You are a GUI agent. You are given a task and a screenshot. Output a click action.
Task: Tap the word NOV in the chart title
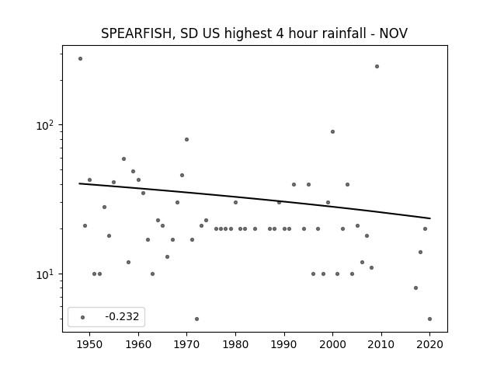[x=394, y=33]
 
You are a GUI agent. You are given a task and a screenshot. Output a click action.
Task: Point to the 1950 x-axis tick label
[x=89, y=344]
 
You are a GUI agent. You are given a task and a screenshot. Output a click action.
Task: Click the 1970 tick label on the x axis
[x=186, y=344]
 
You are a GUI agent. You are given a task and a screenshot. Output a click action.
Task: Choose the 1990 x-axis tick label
[x=284, y=344]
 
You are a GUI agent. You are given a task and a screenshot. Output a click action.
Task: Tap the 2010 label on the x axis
[x=381, y=344]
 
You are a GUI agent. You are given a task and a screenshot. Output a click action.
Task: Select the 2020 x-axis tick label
[x=429, y=344]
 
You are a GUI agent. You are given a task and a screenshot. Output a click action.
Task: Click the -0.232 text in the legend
[x=122, y=316]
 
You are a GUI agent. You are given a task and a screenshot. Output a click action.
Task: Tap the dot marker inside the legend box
[x=82, y=317]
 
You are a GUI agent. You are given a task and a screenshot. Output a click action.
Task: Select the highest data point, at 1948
[x=80, y=59]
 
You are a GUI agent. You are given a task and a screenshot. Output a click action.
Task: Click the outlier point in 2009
[x=377, y=67]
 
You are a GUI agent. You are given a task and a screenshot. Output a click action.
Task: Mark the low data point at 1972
[x=196, y=319]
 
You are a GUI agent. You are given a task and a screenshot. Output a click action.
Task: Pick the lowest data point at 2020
[x=429, y=319]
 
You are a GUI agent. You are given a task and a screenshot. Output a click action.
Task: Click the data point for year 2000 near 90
[x=332, y=131]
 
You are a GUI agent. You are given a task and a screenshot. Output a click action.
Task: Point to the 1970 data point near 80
[x=186, y=140]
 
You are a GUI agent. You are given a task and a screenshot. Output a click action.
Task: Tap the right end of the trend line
[x=430, y=218]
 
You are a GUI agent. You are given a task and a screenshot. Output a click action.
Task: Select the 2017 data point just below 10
[x=416, y=288]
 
